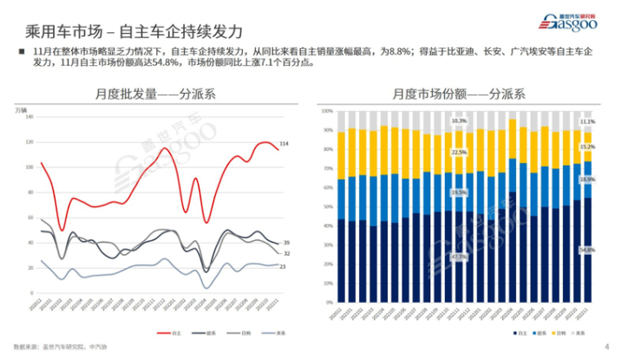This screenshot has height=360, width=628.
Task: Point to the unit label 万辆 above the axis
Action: (x=21, y=108)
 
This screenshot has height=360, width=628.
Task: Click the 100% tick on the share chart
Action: (x=328, y=112)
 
